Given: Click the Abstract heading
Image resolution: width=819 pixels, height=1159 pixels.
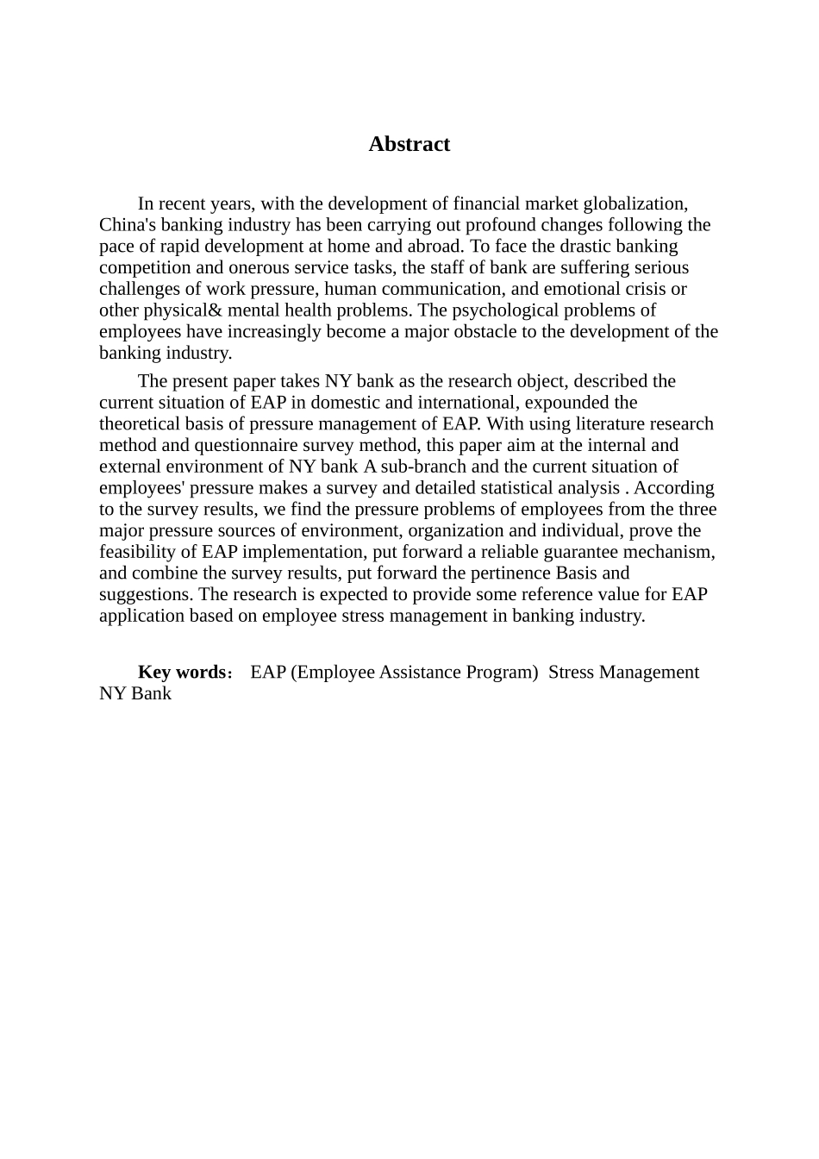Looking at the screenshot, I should [x=409, y=144].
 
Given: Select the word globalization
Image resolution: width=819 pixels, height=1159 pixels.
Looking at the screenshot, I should [x=635, y=204].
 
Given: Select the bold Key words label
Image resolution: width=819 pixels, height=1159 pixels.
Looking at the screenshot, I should [x=182, y=673].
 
